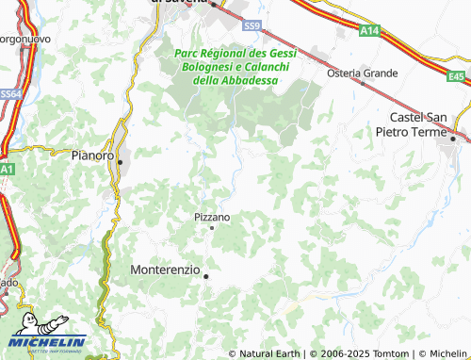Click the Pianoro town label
pyautogui.click(x=92, y=153)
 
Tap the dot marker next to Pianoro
pyautogui.click(x=120, y=162)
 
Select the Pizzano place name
pyautogui.click(x=211, y=216)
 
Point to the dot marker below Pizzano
pyautogui.click(x=212, y=227)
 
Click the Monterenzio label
pyautogui.click(x=164, y=269)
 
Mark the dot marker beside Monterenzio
pyautogui.click(x=205, y=275)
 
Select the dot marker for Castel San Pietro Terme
pyautogui.click(x=453, y=139)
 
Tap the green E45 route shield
pyautogui.click(x=457, y=75)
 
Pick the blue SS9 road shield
pyautogui.click(x=251, y=25)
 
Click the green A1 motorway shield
pyautogui.click(x=6, y=168)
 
